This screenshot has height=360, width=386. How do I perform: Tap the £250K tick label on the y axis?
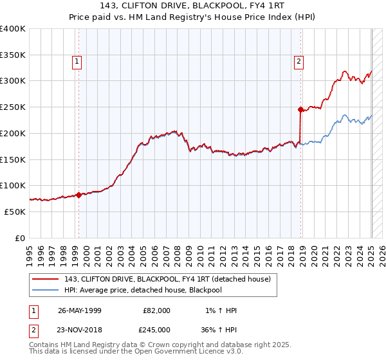pyautogui.click(x=13, y=107)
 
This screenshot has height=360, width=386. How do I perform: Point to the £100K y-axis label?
pyautogui.click(x=13, y=185)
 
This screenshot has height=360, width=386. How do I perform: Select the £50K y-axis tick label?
pyautogui.click(x=15, y=212)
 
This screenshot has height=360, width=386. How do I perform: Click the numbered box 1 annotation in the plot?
pyautogui.click(x=77, y=62)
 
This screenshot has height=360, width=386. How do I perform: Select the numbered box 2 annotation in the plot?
pyautogui.click(x=299, y=62)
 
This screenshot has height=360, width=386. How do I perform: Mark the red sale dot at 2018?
pyautogui.click(x=300, y=109)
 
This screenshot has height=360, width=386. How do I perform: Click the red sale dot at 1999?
pyautogui.click(x=78, y=195)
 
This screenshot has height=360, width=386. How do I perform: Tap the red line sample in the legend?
pyautogui.click(x=45, y=279)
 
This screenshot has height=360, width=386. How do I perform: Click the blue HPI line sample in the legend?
pyautogui.click(x=45, y=290)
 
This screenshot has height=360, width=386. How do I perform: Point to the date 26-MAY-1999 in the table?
pyautogui.click(x=80, y=310)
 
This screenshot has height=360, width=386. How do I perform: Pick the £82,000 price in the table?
pyautogui.click(x=157, y=310)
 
